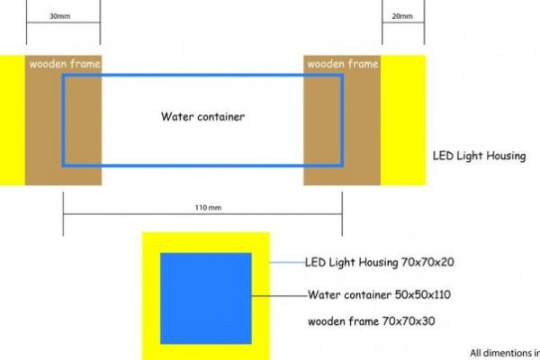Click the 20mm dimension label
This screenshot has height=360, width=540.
[x=403, y=16]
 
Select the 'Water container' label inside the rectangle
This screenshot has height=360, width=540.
[x=202, y=116]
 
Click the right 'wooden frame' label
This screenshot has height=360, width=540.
[x=342, y=64]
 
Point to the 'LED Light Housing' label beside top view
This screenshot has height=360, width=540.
[x=479, y=156]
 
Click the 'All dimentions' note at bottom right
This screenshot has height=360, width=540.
[x=504, y=353]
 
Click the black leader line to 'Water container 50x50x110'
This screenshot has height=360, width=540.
[x=279, y=294]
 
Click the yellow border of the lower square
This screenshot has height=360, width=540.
[x=151, y=297]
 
